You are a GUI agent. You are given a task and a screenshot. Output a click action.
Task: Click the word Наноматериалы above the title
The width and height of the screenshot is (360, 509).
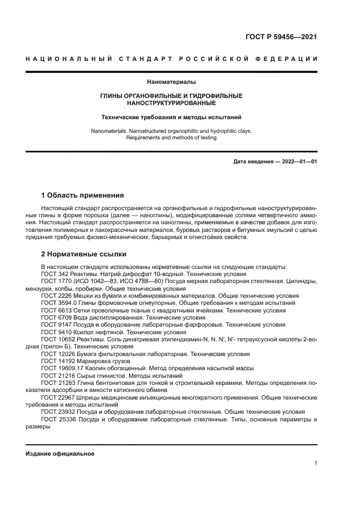click(x=171, y=82)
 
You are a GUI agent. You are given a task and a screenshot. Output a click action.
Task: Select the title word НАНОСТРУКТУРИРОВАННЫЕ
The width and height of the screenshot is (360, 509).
click(x=171, y=103)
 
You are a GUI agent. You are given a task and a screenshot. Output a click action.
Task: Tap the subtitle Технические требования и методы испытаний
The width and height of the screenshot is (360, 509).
click(x=171, y=117)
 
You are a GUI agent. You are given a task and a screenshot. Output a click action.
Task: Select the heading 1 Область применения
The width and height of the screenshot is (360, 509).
click(x=82, y=195)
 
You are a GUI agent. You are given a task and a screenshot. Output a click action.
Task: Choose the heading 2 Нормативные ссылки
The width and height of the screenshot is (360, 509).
click(x=83, y=254)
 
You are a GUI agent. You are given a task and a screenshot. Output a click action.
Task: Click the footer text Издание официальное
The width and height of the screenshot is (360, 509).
click(x=60, y=453)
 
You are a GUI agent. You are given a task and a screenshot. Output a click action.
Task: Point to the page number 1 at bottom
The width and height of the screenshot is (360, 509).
click(x=316, y=463)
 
